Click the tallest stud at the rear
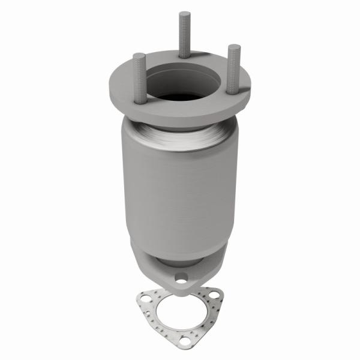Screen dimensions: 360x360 (x=182, y=36)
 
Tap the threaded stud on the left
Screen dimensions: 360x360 (x=140, y=78)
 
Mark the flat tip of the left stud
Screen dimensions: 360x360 (x=139, y=55)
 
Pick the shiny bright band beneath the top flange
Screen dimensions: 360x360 (x=180, y=135)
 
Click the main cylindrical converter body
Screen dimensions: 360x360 (x=180, y=192)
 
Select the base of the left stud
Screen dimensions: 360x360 (x=140, y=101)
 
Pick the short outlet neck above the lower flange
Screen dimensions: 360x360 (x=180, y=258)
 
